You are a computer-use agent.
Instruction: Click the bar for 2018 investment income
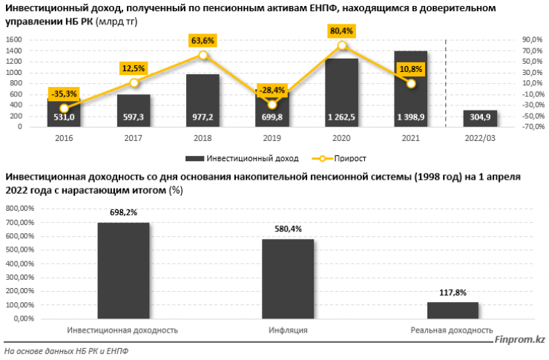click(x=203, y=100)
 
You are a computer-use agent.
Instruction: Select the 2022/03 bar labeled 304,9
click(x=480, y=118)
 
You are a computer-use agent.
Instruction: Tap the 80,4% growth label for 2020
click(x=341, y=31)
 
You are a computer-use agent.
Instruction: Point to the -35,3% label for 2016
click(x=64, y=94)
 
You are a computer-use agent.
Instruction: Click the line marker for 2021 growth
click(x=411, y=83)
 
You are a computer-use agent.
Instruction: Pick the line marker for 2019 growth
click(x=272, y=105)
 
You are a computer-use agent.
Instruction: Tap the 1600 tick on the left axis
click(x=13, y=39)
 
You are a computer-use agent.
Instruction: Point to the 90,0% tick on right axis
click(x=533, y=39)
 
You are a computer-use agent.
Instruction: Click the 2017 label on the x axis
click(x=134, y=138)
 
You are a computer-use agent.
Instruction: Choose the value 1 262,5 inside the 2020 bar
click(x=341, y=117)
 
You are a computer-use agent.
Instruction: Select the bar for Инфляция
click(x=287, y=278)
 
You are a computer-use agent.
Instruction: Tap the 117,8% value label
click(x=452, y=292)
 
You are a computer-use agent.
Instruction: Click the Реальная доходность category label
click(x=452, y=330)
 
